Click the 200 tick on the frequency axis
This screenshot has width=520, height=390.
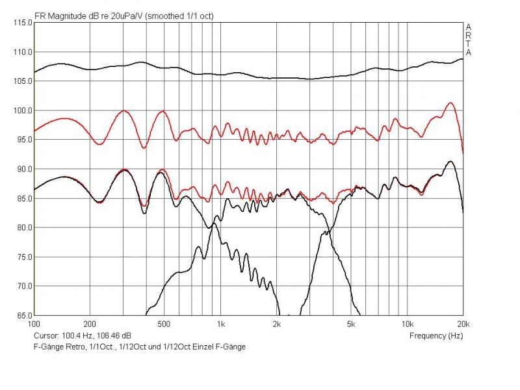coord(90,323)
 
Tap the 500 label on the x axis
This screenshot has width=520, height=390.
coord(164,323)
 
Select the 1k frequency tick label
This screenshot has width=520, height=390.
coord(221,323)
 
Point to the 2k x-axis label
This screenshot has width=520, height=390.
coord(277,323)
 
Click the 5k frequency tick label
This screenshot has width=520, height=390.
coord(351,323)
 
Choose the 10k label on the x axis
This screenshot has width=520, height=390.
coord(407,323)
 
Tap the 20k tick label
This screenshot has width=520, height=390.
coord(463,323)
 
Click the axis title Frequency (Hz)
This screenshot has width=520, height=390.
coord(436,336)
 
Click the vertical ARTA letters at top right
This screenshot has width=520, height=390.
coord(468,40)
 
